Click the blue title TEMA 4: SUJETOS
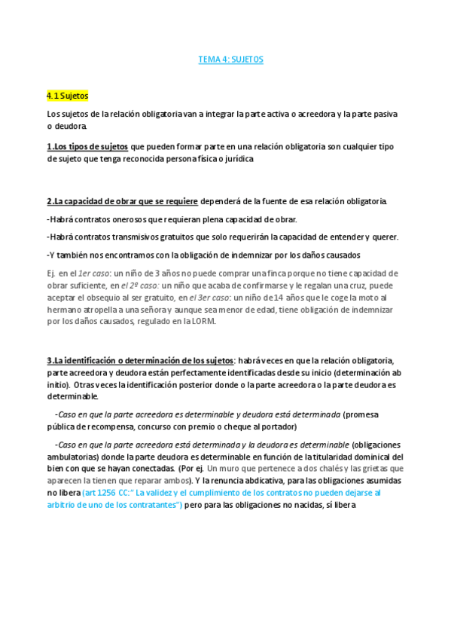230,58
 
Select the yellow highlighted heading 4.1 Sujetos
68,96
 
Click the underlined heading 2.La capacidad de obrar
122,201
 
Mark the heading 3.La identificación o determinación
140,360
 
